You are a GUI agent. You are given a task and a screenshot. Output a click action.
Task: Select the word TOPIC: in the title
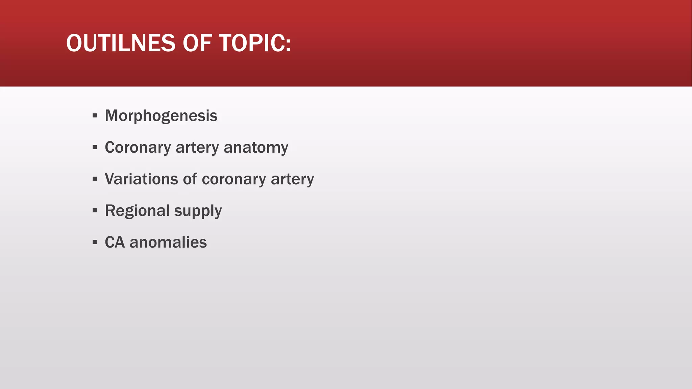(255, 43)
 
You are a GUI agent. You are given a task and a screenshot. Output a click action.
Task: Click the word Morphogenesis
(161, 116)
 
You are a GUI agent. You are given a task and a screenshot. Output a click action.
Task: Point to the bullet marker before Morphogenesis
(95, 116)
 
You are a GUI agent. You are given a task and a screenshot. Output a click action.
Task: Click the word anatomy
(256, 148)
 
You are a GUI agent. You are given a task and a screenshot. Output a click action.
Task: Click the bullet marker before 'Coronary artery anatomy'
(95, 148)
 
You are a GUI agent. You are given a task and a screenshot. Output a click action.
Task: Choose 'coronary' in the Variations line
(234, 179)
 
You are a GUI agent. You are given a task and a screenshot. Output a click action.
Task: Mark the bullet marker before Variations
(95, 179)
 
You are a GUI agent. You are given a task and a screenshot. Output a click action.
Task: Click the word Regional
(137, 211)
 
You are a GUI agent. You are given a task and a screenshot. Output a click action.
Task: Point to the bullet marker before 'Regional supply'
(95, 211)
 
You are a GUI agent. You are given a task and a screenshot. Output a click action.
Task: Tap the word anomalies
(168, 242)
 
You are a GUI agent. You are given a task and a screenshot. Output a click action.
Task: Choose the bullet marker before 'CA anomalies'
(95, 242)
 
